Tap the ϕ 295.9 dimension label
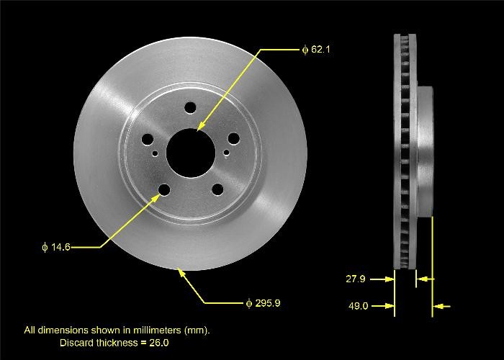coord(262,302)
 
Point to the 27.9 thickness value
coord(358,278)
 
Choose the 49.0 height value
coord(358,306)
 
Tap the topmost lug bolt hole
coord(190,108)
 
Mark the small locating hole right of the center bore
coord(226,152)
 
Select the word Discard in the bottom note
coord(76,343)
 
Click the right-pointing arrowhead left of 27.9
coord(391,278)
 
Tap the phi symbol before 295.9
coord(248,302)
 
